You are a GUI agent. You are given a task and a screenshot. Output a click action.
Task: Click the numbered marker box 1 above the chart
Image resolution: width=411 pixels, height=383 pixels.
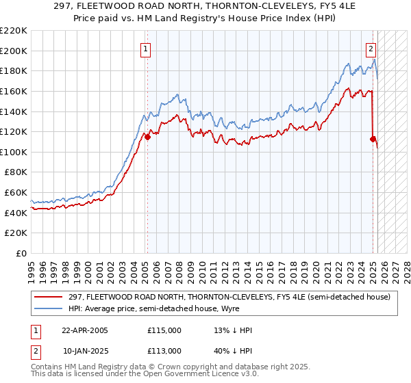pyautogui.click(x=147, y=49)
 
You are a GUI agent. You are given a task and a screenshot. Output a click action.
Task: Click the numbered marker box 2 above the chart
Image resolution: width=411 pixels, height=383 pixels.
pyautogui.click(x=371, y=49)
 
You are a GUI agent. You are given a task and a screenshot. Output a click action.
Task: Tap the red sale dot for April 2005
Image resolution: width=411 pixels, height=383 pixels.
pyautogui.click(x=147, y=137)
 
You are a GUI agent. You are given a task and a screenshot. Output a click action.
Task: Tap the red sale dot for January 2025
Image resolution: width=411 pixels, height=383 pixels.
pyautogui.click(x=373, y=139)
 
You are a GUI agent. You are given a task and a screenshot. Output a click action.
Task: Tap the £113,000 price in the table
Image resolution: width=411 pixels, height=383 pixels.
pyautogui.click(x=164, y=351)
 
